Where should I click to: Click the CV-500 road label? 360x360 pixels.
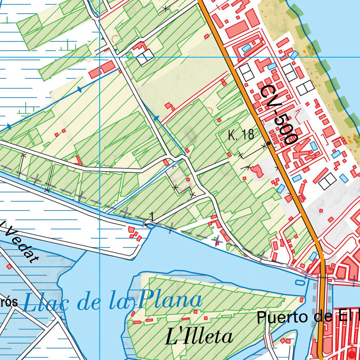(x=279, y=115)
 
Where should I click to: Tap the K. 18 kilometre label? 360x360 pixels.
(x=241, y=135)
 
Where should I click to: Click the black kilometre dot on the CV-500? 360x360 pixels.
(x=269, y=143)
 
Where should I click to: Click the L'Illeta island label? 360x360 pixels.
(x=199, y=337)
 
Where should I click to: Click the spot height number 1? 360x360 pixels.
(x=152, y=215)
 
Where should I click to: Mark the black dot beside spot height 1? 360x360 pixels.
(x=146, y=224)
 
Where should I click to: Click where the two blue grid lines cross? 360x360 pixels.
(x=100, y=57)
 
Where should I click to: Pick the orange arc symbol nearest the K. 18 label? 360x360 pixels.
(x=210, y=111)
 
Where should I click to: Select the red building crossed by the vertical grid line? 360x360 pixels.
(x=102, y=70)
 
